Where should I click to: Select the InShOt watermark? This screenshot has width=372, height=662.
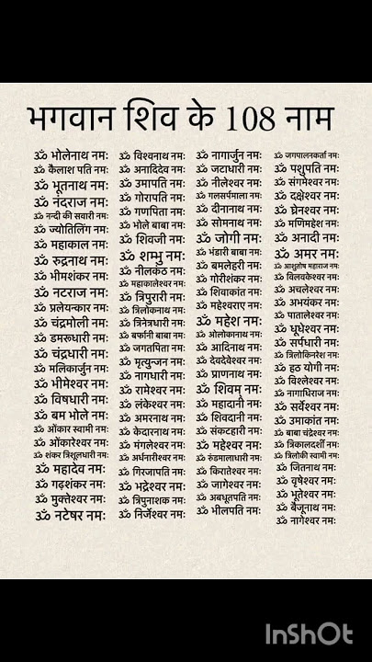[x=309, y=633]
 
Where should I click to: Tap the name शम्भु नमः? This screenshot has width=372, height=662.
[x=152, y=255]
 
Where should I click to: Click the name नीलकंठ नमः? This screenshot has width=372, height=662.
[x=152, y=271]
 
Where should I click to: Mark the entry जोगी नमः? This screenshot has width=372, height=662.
[x=230, y=237]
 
